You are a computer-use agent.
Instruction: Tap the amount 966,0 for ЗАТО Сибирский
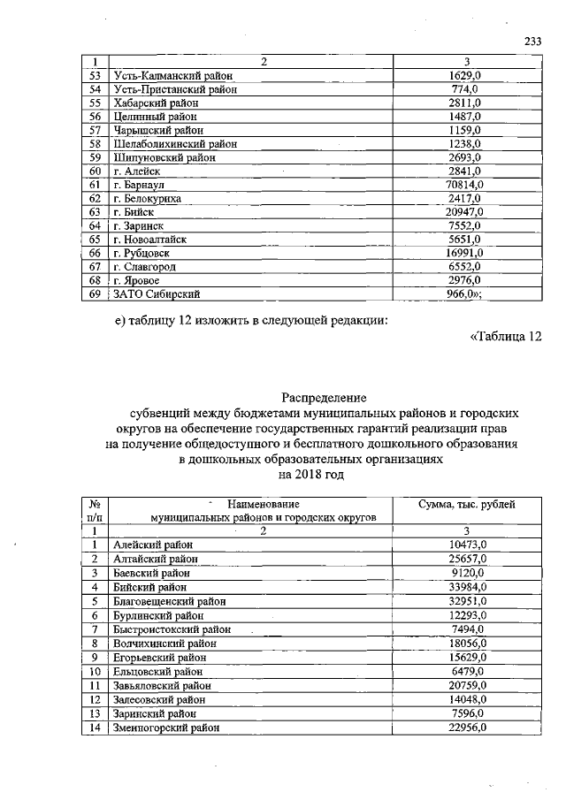click(x=465, y=294)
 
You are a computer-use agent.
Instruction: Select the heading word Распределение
click(x=324, y=397)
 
